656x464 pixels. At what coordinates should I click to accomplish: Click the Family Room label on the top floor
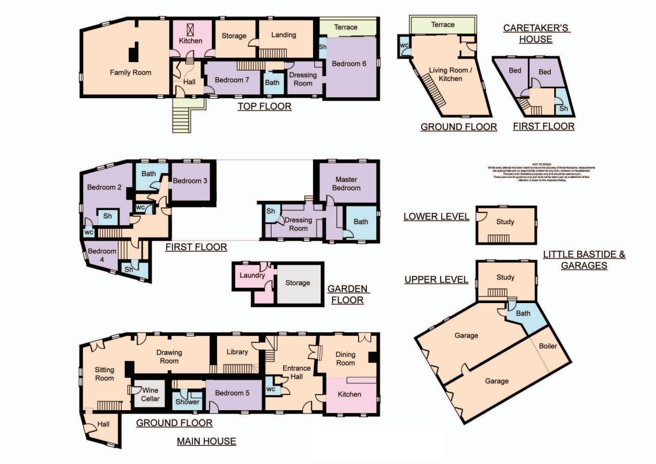coord(130,73)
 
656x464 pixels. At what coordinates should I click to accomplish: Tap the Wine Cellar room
coord(150,394)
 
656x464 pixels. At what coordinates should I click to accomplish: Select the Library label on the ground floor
coord(238,352)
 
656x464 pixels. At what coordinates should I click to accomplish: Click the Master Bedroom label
coord(346,183)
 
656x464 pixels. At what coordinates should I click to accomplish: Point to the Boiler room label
coord(548,346)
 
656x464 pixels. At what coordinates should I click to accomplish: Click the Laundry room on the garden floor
coord(252,276)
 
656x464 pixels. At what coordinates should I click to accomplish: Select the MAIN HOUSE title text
coord(207,441)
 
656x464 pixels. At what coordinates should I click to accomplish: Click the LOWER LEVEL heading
coord(436,217)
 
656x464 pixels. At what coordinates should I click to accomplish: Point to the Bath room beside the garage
coord(523,314)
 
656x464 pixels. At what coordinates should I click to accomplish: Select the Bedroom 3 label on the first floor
coord(190,181)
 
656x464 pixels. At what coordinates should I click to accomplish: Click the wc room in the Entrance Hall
coord(271,389)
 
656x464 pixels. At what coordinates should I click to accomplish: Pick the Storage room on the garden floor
coord(298,283)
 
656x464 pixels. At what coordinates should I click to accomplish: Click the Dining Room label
coord(345,359)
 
